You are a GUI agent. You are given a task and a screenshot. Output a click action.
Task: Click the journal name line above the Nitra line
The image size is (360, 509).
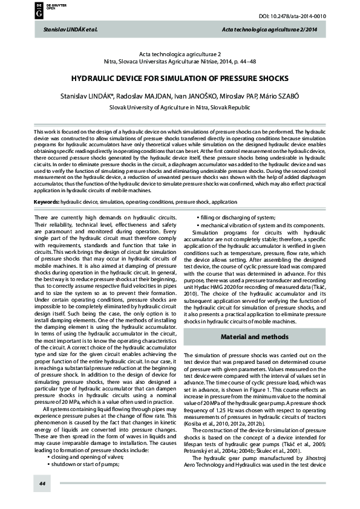tap(179, 54)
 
